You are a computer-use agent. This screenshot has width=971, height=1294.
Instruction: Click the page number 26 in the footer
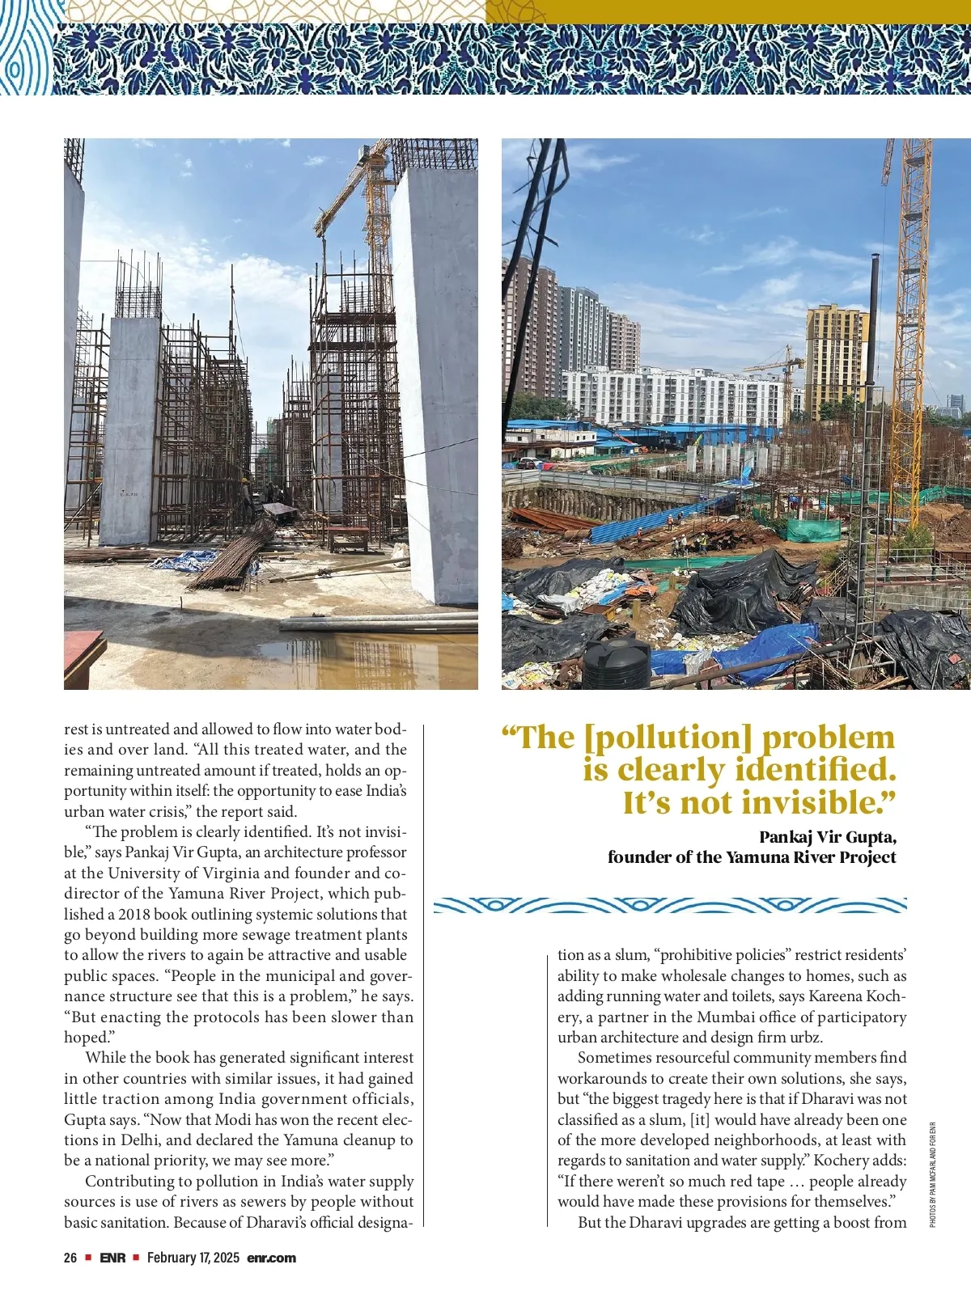click(x=70, y=1258)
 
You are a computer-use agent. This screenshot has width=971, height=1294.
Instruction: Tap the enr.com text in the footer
click(x=272, y=1258)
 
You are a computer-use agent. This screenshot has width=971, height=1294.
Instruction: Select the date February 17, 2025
click(x=193, y=1258)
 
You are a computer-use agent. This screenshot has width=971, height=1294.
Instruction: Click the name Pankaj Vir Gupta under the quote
click(x=827, y=836)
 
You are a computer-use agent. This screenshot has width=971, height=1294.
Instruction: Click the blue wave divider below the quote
click(x=670, y=905)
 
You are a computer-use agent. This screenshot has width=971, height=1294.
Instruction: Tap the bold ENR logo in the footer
click(x=112, y=1258)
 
